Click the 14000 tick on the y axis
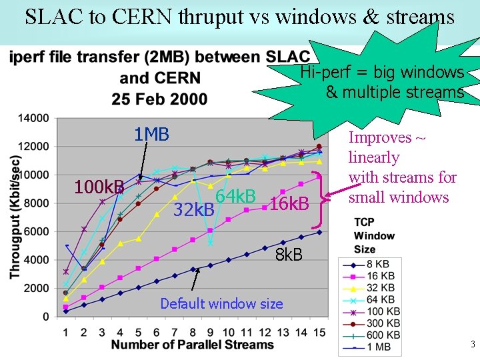coord(33,118)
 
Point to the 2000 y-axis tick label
coord(36,288)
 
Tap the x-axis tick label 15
coord(319,332)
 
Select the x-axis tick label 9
coord(211,332)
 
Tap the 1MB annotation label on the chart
coord(151,135)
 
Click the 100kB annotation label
coord(99,187)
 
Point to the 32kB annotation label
coord(194,210)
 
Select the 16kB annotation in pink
coord(288,203)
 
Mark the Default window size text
coord(221,304)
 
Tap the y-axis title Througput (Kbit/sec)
coord(15,217)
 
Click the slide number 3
coord(472,345)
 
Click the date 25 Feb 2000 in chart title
coord(159,99)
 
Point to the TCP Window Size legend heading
coord(374,235)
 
